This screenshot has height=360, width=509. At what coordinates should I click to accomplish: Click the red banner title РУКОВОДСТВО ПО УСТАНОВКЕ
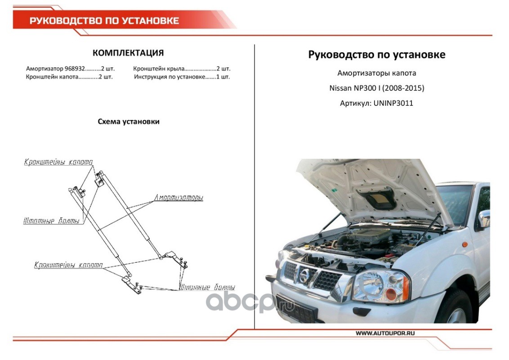click(104, 21)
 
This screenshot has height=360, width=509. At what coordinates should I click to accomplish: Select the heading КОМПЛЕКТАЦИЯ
click(128, 53)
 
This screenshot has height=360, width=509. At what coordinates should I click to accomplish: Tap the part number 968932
click(75, 68)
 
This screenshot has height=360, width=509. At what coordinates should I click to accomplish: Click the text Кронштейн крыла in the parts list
click(159, 69)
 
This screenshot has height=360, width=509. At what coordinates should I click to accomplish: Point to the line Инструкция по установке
click(170, 77)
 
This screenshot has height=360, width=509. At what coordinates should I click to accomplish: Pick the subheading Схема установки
click(129, 121)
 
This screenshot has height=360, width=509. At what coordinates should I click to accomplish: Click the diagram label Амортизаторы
click(179, 198)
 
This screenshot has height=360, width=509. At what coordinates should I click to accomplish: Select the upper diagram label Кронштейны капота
click(58, 162)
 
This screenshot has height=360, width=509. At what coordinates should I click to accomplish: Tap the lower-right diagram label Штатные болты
click(207, 287)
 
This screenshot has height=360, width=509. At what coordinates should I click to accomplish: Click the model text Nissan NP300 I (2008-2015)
click(376, 88)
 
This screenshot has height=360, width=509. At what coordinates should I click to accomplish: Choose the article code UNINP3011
click(393, 103)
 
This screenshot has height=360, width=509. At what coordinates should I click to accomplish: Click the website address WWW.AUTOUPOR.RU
click(385, 333)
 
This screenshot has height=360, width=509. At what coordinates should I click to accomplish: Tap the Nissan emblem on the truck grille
click(304, 276)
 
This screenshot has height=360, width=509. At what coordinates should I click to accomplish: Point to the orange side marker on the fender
click(464, 244)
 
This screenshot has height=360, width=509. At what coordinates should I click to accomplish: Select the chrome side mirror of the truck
click(484, 220)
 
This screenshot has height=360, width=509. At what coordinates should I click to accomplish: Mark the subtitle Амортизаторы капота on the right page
click(376, 73)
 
